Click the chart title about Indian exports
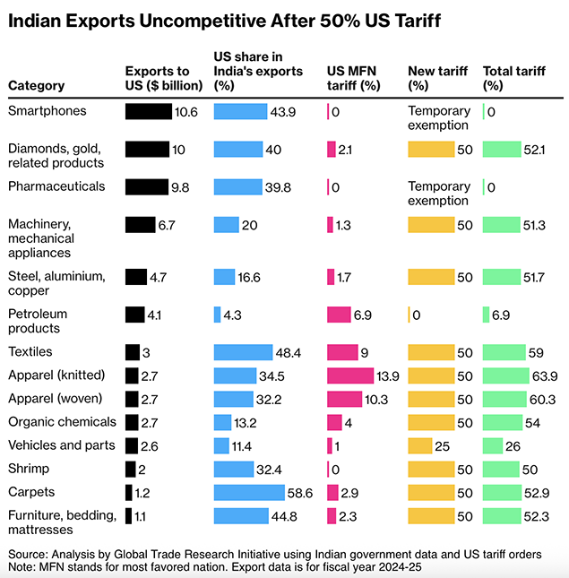(x=224, y=21)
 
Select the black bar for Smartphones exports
(x=148, y=111)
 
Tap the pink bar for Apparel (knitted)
(x=350, y=375)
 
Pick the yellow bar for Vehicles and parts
(x=419, y=445)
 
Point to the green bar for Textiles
(x=504, y=352)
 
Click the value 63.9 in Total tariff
(x=546, y=375)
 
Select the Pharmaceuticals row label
(x=56, y=186)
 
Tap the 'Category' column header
(x=37, y=86)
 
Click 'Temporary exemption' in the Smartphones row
(x=438, y=118)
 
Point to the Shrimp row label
(x=28, y=469)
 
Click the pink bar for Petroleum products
(x=339, y=315)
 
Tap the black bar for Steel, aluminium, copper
(x=135, y=277)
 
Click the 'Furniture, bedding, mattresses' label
(x=62, y=522)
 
